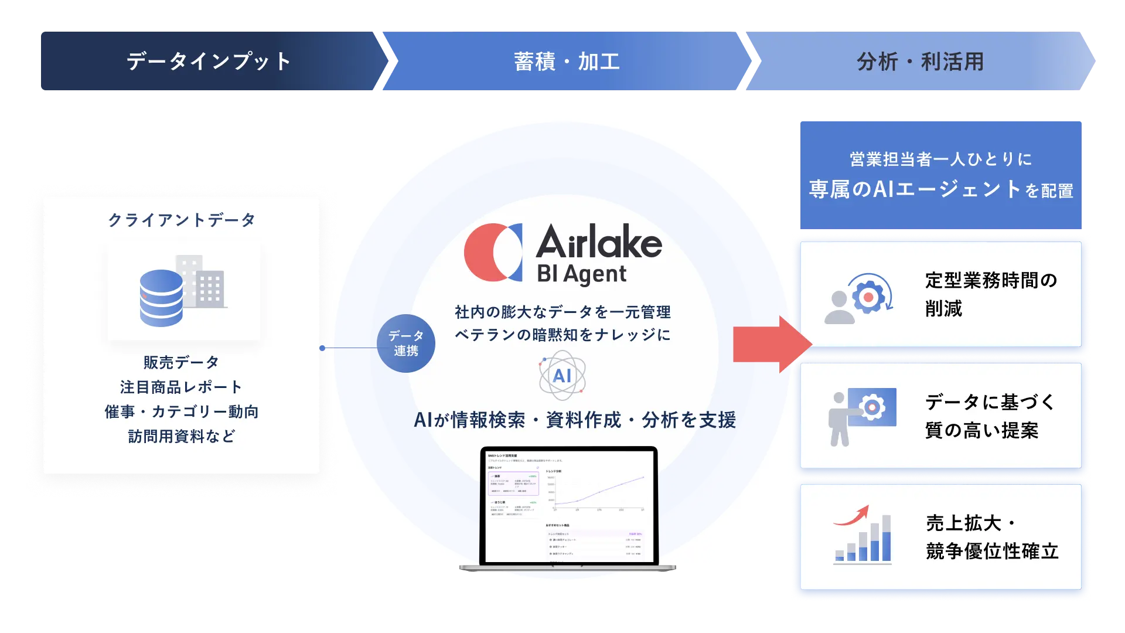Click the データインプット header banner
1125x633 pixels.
coord(209,61)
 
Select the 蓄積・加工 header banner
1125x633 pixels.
coord(566,61)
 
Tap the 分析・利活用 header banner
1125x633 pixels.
coord(920,61)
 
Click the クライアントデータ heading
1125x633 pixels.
coord(182,220)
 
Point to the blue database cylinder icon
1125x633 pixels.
coord(161,298)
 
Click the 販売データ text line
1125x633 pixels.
coord(181,362)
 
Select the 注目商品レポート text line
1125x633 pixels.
coord(181,387)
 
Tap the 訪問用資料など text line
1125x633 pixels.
coord(181,436)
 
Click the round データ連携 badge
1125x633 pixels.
coord(405,343)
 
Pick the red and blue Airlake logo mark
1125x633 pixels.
coord(493,252)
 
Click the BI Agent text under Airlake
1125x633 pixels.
coord(581,274)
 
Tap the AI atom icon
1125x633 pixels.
coord(562,376)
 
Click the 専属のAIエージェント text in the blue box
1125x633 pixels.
coord(914,189)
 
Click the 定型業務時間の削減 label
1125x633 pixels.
coord(990,294)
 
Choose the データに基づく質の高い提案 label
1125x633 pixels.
coord(990,416)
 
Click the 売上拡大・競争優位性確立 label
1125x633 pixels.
coord(991,537)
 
